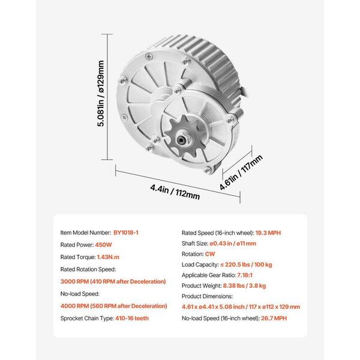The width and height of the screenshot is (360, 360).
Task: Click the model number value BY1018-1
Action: point(130,231)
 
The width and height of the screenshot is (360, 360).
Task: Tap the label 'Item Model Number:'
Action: point(85,231)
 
